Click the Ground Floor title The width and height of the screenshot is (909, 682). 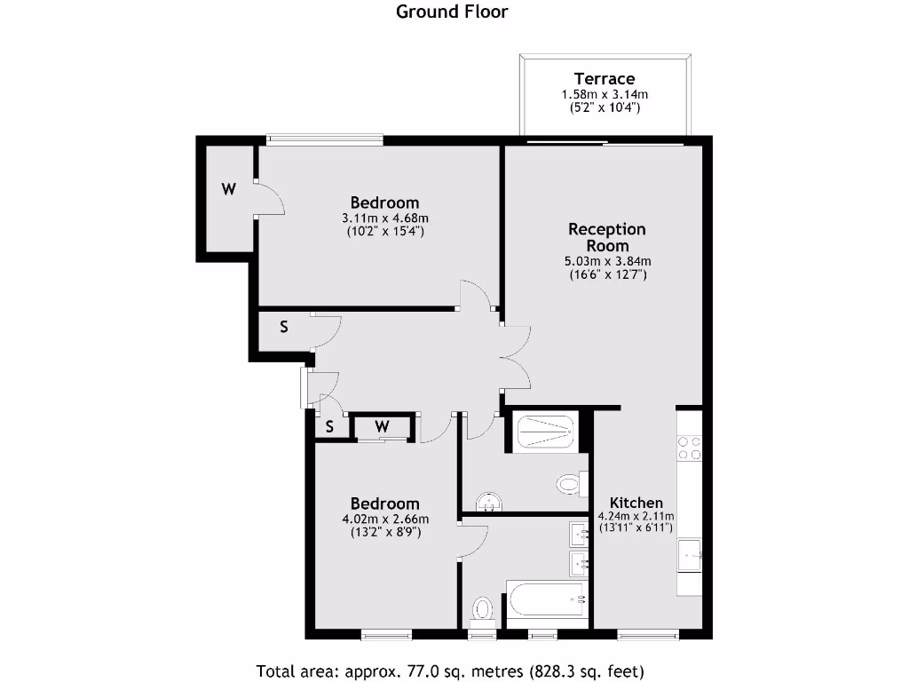(451, 12)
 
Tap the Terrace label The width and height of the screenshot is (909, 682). (604, 79)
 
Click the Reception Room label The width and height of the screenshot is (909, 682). (607, 237)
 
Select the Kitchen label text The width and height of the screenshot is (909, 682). (636, 503)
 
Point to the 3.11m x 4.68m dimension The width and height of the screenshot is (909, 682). (384, 218)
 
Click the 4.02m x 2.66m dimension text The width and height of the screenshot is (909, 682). (384, 519)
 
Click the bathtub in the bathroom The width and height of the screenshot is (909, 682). (546, 604)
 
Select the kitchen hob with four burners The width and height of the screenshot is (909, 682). (690, 448)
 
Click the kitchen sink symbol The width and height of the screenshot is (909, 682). (692, 558)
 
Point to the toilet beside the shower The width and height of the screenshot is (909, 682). (568, 485)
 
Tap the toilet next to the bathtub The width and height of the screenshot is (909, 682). (482, 609)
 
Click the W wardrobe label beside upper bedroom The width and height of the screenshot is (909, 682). (229, 189)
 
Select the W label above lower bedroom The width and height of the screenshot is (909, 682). (382, 427)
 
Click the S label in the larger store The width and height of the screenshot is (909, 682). (284, 327)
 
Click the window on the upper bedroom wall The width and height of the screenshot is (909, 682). (325, 139)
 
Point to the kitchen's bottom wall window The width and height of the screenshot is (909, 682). (647, 634)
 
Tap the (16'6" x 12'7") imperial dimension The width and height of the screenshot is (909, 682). (607, 275)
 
